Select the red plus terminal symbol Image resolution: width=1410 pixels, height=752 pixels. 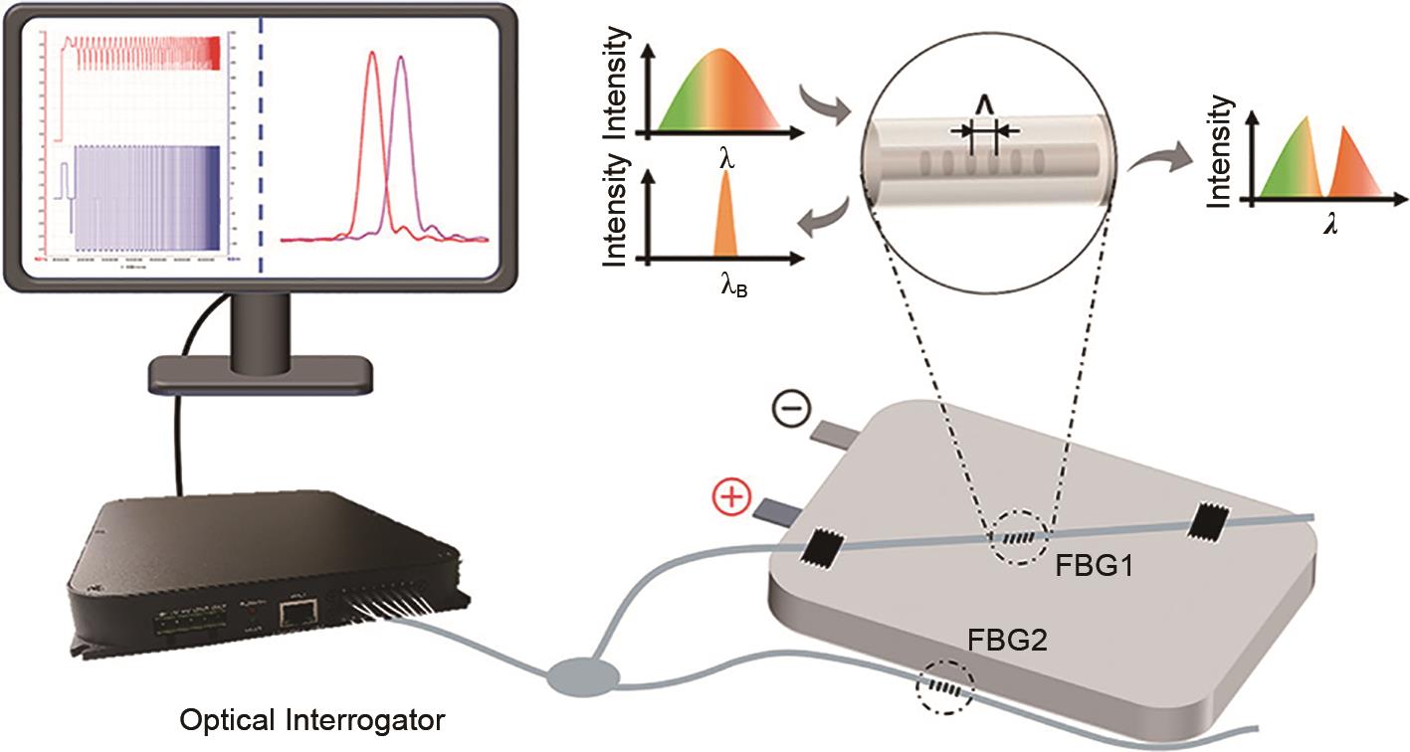pyautogui.click(x=732, y=497)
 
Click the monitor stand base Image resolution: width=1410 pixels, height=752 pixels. pyautogui.click(x=261, y=374)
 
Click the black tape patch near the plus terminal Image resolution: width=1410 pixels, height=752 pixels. pyautogui.click(x=827, y=546)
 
